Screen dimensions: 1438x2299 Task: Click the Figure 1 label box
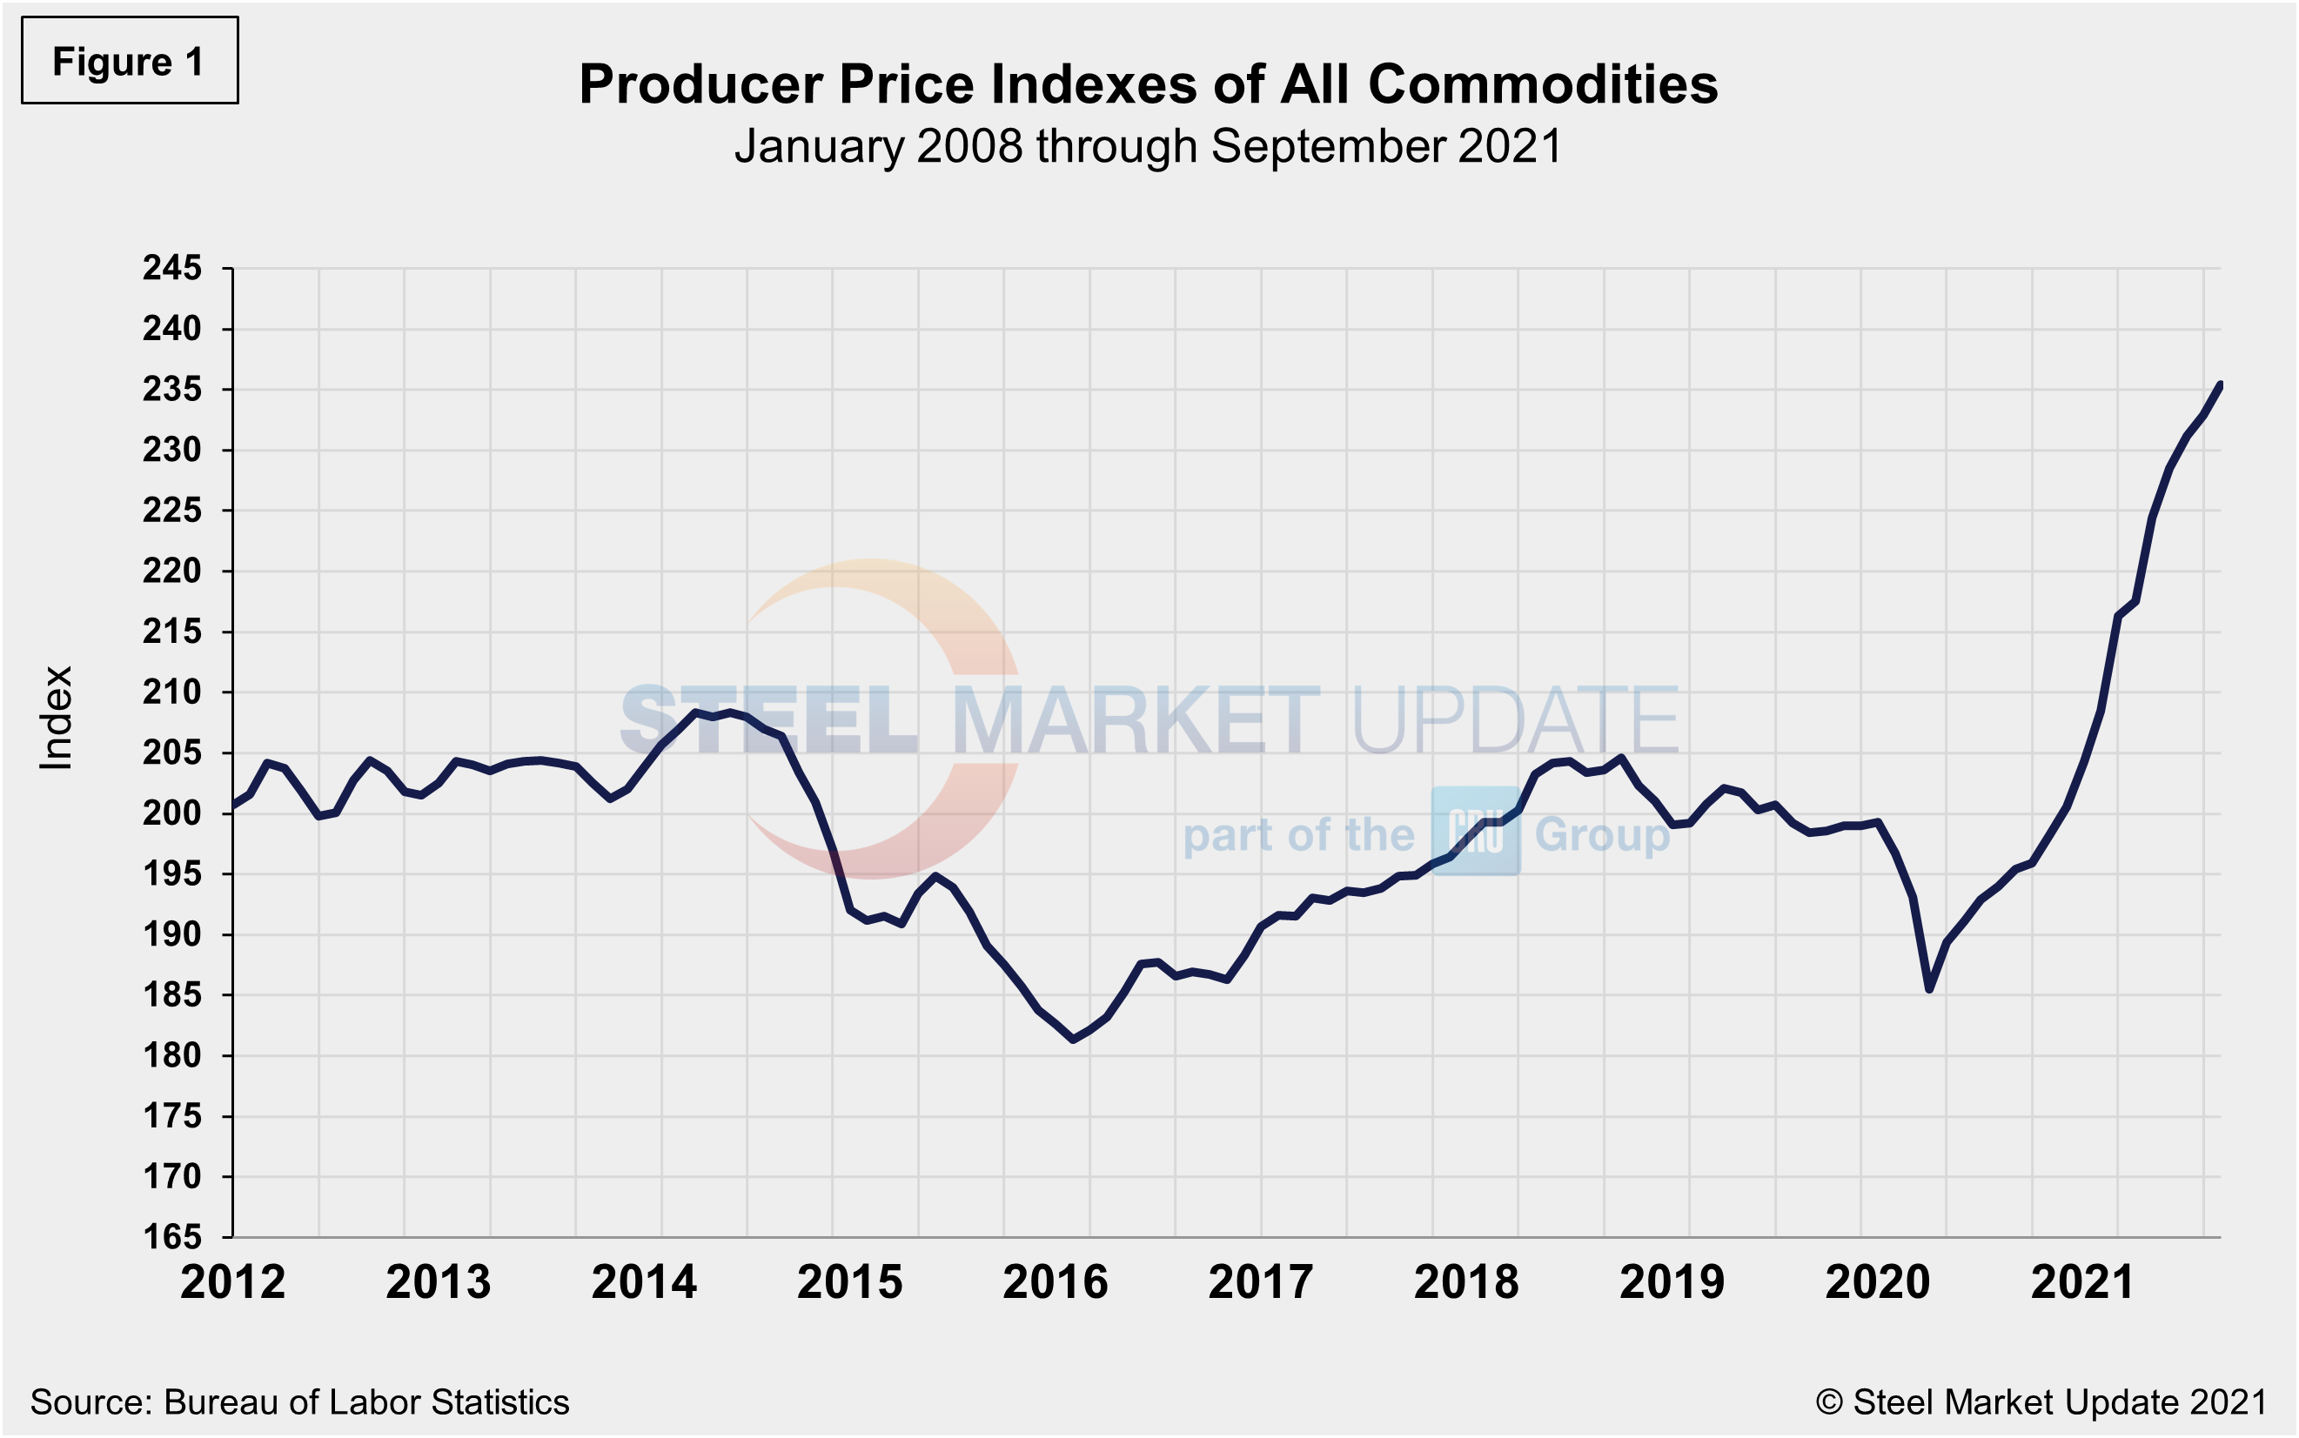pos(130,61)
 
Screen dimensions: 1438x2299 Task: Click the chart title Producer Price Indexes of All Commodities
pos(1148,84)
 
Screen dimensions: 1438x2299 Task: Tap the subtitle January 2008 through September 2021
pos(1148,146)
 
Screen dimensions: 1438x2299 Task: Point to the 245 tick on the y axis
pos(172,268)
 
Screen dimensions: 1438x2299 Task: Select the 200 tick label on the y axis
pos(172,814)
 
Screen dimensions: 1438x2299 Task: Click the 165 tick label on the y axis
pos(172,1237)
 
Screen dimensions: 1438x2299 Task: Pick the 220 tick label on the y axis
pos(172,572)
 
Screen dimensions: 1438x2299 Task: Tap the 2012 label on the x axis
pos(233,1283)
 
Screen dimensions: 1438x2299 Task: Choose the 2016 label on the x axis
pos(1055,1283)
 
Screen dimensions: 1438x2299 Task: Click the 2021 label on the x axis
pos(2083,1283)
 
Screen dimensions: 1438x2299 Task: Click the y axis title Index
pos(56,717)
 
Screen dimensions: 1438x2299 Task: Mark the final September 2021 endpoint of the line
pos(2220,385)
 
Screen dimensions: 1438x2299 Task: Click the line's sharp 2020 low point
pos(1929,990)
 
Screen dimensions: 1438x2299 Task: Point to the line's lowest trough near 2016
pos(1073,1040)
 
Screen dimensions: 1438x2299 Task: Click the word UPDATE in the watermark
pos(1514,721)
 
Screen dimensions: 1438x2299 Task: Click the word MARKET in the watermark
pos(1136,721)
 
